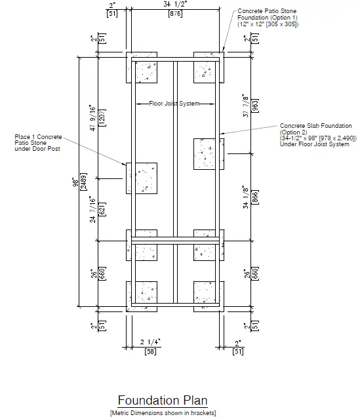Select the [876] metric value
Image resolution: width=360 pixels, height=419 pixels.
(175, 14)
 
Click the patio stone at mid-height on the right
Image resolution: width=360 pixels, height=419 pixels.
(209, 155)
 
